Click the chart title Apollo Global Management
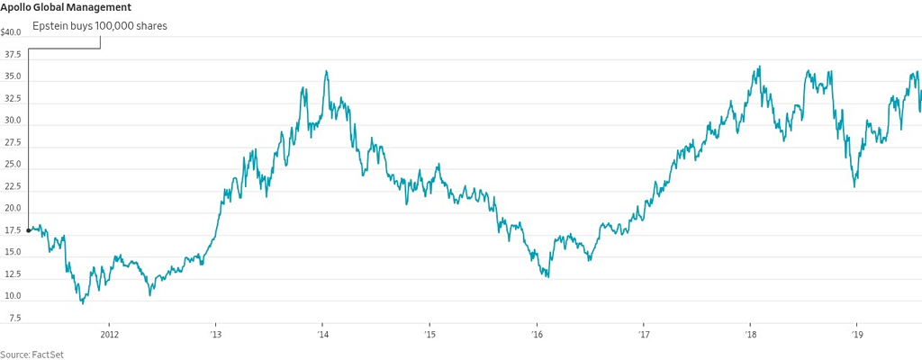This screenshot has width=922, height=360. click(x=66, y=7)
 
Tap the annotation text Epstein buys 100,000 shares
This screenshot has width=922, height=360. click(x=99, y=26)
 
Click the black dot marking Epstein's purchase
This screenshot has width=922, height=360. click(x=29, y=230)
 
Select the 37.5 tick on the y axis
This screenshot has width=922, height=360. click(x=13, y=54)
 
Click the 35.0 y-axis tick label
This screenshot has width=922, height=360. click(x=13, y=76)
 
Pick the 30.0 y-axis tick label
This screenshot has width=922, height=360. click(x=13, y=121)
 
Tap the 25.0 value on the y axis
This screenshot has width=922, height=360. click(x=13, y=165)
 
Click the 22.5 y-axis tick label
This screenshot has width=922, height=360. click(x=13, y=186)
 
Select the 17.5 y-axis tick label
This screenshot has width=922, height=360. click(x=13, y=230)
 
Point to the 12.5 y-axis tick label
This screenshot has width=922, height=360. click(x=13, y=274)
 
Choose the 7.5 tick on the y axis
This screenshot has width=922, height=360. click(x=15, y=319)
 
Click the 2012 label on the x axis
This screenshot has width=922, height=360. click(x=110, y=335)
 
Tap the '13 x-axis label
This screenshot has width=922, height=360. click(x=215, y=335)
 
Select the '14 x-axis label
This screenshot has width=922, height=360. click(x=322, y=335)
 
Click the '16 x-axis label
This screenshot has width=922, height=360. click(x=537, y=335)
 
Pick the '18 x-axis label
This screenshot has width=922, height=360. click(x=750, y=335)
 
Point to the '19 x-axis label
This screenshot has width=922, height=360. click(x=857, y=335)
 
